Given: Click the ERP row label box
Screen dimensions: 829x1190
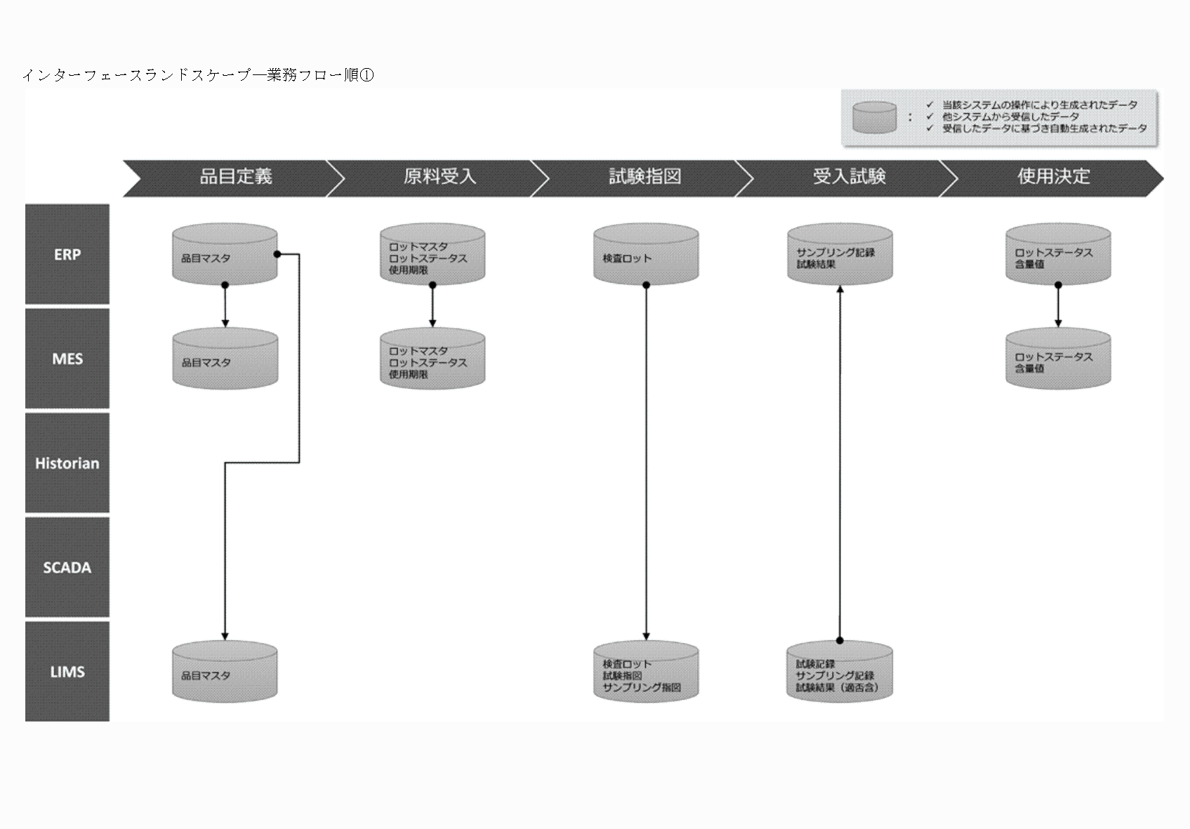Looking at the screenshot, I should point(67,254).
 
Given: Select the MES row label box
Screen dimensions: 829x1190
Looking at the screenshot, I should point(67,359).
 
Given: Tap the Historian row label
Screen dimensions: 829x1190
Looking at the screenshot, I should point(67,463).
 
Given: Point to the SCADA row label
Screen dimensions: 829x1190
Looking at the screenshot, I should point(67,567).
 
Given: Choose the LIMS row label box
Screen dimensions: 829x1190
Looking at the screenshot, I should point(67,672).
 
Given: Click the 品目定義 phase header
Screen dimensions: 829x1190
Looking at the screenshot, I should point(235,177).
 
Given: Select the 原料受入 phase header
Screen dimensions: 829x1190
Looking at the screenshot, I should point(439,177).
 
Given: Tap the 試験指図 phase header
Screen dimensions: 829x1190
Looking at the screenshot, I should point(644,177).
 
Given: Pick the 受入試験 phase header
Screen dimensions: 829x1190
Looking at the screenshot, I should point(849,177).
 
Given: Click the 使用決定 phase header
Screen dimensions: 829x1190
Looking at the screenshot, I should point(1053,177).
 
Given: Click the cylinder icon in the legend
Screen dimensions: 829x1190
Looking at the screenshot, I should point(874,117).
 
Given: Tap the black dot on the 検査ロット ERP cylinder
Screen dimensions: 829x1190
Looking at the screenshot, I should point(646,285).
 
